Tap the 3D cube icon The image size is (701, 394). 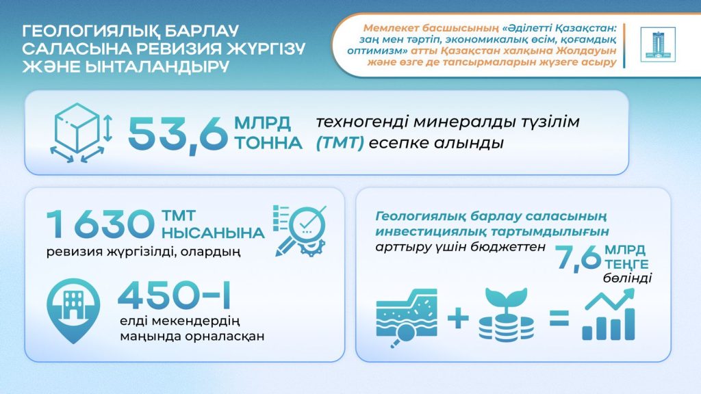tap(77, 133)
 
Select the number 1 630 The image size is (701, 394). tap(100, 225)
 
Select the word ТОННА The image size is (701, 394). tap(266, 144)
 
